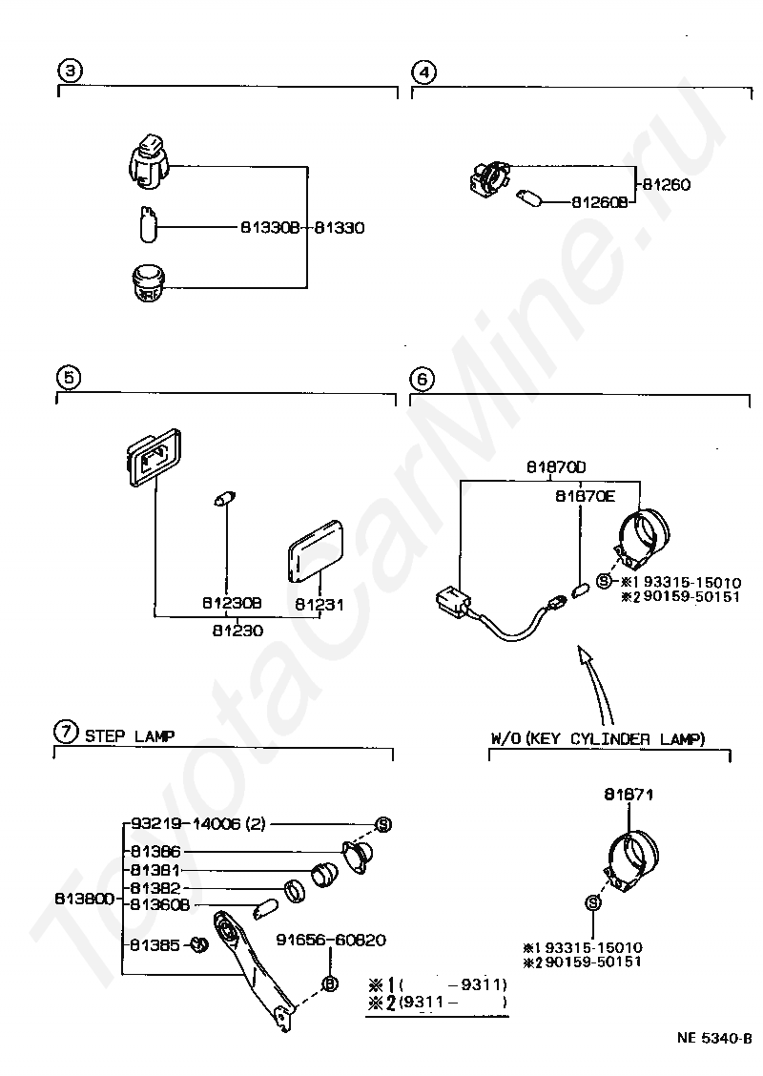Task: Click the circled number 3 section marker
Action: point(71,71)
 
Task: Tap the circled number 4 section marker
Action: point(424,72)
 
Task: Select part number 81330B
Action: point(270,227)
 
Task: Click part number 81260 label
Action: point(667,185)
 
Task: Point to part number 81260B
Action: point(600,202)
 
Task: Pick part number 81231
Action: point(320,605)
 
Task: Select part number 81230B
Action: point(232,603)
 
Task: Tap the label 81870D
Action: point(556,467)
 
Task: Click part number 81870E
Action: point(586,496)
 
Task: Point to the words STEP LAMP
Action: point(130,736)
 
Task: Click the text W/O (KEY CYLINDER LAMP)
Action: point(598,739)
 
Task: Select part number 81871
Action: point(629,794)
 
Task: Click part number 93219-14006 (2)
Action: point(197,823)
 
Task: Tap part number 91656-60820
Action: point(331,941)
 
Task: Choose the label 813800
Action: point(84,899)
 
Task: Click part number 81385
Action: point(155,945)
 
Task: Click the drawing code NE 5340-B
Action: point(714,1038)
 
